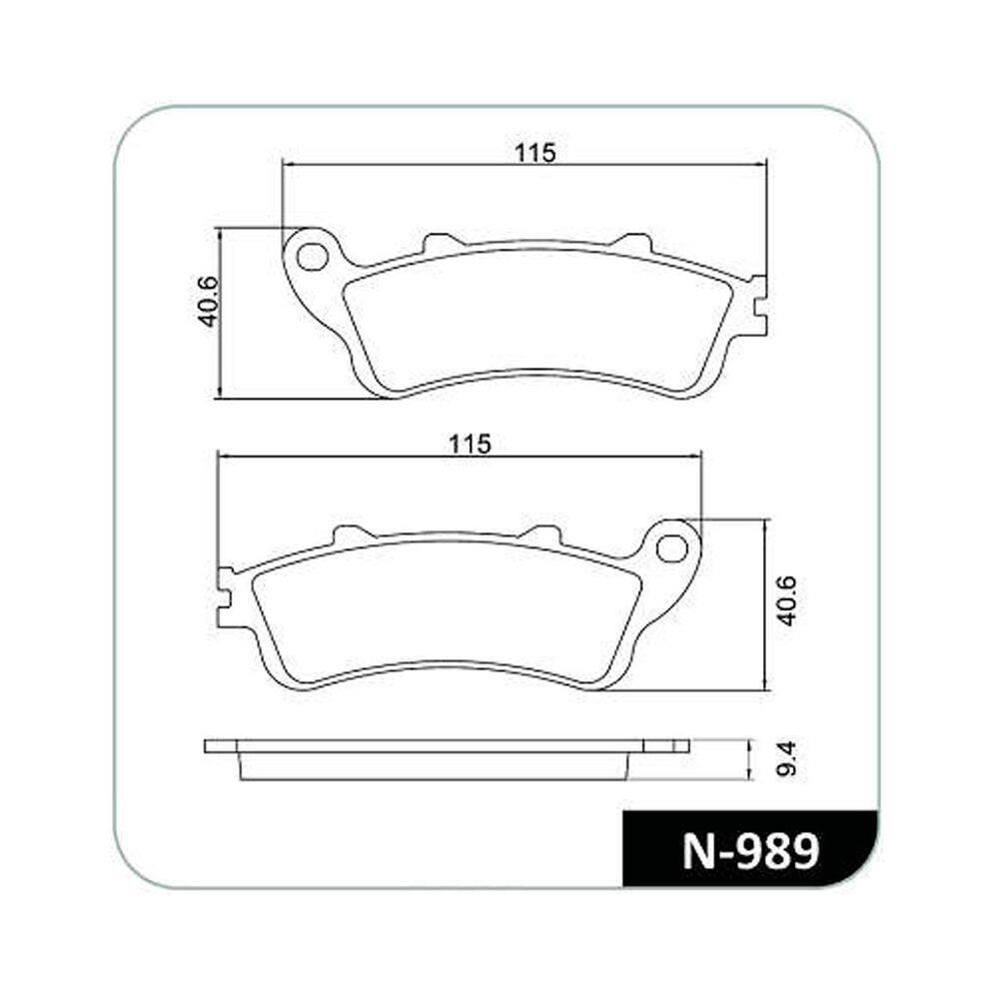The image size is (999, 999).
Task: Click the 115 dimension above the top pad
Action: pos(535,154)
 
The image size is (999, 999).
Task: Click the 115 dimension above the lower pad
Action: pos(471,445)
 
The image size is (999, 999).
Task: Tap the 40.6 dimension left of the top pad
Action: pos(209,302)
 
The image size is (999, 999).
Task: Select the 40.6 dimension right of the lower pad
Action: pos(786,600)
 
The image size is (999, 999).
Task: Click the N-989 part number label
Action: pos(750,852)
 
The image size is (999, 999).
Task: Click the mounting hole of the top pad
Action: pos(312,257)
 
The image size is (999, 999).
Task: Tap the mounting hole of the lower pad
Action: pos(671,548)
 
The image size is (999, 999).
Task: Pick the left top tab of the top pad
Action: pos(443,244)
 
